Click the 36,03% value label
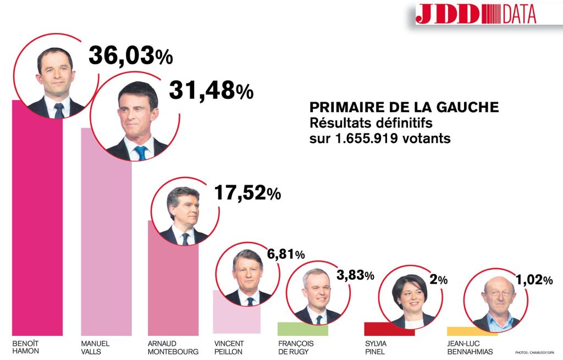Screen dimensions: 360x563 (x=130, y=56)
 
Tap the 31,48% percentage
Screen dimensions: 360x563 (x=211, y=91)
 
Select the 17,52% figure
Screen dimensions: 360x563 (x=246, y=193)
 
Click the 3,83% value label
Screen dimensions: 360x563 (x=354, y=275)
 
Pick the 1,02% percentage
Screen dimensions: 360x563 (x=534, y=280)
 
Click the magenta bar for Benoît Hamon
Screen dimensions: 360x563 (x=37, y=231)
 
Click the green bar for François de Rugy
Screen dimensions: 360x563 (x=302, y=329)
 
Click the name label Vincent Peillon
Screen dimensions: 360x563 (x=228, y=347)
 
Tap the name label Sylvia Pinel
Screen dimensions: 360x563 (x=376, y=347)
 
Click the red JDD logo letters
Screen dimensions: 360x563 (x=447, y=14)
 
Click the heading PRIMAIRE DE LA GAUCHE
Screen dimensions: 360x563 (x=404, y=107)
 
